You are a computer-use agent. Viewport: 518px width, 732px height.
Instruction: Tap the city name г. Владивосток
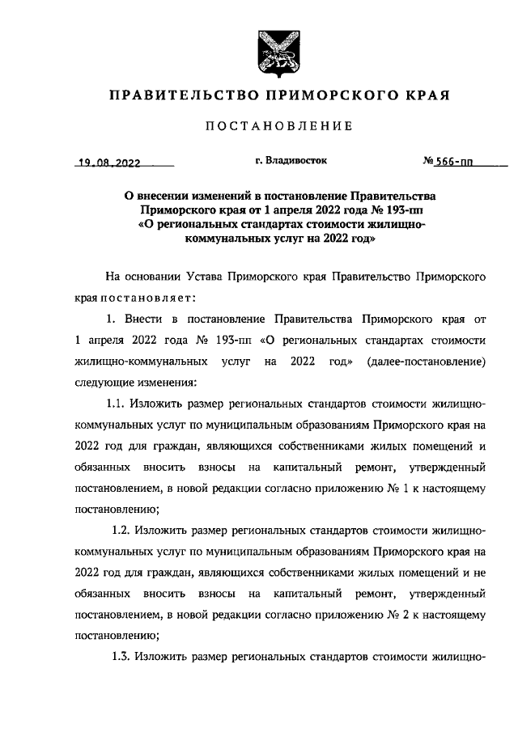pyautogui.click(x=291, y=161)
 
